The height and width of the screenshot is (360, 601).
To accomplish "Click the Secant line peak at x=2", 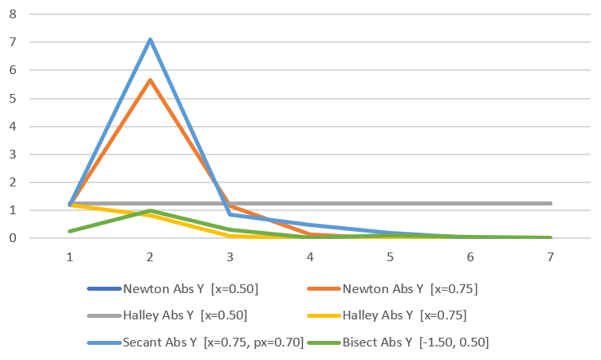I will [x=150, y=39].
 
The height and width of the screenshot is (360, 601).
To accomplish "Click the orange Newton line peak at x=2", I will [x=150, y=80].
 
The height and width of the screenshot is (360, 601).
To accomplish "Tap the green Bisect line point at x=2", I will [x=150, y=210].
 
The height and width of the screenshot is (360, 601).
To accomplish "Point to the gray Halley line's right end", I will [x=550, y=203].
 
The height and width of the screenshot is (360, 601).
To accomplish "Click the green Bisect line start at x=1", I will [x=70, y=231].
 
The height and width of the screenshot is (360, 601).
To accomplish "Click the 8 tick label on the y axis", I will [x=12, y=14].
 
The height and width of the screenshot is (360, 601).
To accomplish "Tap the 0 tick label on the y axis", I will [x=12, y=238].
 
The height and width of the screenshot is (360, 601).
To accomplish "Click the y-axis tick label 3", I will [x=12, y=154].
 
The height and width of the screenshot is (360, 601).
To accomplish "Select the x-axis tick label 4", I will [x=310, y=257].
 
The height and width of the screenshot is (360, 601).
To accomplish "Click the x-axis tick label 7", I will [x=550, y=257].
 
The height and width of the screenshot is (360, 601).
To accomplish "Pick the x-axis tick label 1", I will [x=70, y=257].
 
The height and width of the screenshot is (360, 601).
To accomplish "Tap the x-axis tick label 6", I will [x=470, y=257].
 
